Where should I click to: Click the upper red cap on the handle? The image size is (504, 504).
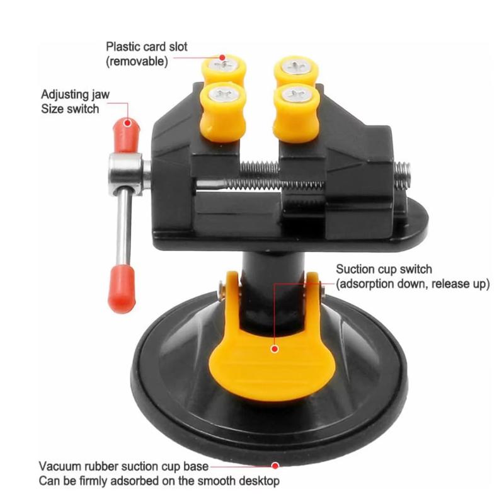[x=127, y=135]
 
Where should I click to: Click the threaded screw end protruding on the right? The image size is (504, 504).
[x=402, y=175]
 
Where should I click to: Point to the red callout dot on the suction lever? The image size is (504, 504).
[x=275, y=349]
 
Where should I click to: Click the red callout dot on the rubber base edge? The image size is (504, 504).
[x=275, y=466]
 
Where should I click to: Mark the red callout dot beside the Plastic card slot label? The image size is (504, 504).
[x=222, y=57]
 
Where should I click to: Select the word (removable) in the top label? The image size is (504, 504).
[x=137, y=61]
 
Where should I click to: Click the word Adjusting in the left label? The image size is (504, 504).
[x=62, y=95]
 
